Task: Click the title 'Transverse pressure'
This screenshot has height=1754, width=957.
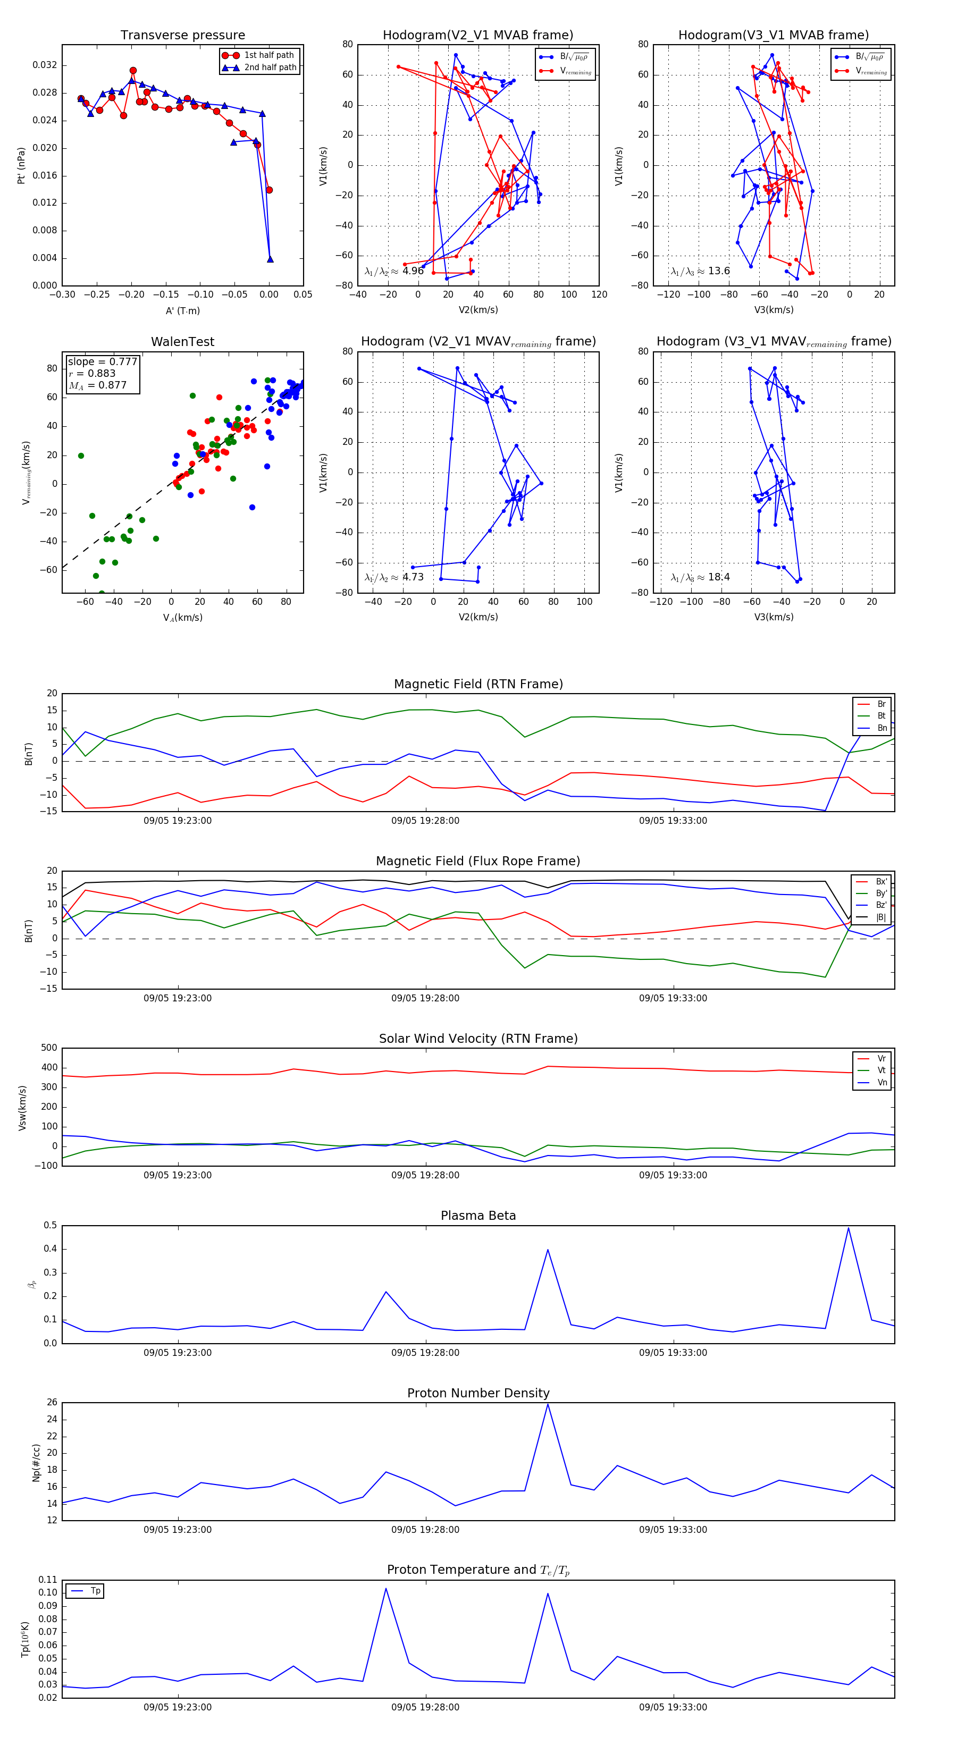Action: (182, 36)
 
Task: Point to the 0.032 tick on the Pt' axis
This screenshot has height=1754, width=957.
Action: (45, 65)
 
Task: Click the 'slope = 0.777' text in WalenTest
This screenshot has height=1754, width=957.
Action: (102, 361)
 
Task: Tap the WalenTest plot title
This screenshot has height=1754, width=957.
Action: (182, 342)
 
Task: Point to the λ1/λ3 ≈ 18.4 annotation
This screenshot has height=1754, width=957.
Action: (700, 577)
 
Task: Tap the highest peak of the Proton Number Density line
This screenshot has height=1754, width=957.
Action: (548, 1405)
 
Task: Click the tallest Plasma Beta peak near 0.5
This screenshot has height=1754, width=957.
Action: (848, 1228)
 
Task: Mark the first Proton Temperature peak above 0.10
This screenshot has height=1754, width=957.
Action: (386, 1589)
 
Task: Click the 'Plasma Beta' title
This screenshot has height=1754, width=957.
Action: (478, 1216)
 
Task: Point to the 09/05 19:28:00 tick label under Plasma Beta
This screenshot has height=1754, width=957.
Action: (425, 1352)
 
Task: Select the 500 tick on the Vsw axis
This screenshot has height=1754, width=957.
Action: (49, 1048)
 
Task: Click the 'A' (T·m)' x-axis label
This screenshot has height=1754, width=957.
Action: (182, 311)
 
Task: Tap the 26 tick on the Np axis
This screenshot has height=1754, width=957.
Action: (52, 1403)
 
